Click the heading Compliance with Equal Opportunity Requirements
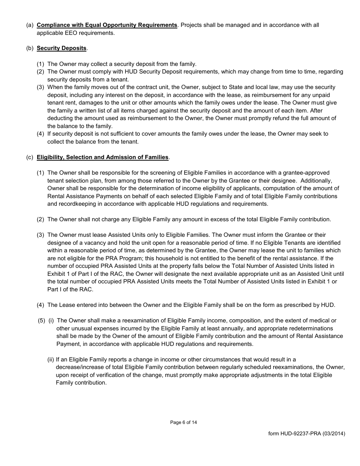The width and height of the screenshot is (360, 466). [x=107, y=25]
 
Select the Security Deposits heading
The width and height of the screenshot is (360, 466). [x=61, y=48]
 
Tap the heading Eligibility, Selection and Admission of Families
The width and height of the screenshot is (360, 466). [x=103, y=157]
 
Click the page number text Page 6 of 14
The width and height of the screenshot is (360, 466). [x=183, y=422]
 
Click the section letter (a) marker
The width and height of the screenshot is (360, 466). [x=30, y=25]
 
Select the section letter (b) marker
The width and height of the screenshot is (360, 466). [x=30, y=48]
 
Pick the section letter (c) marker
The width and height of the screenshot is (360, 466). [x=30, y=157]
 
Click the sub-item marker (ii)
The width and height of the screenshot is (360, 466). [x=50, y=360]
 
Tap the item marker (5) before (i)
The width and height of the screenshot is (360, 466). [x=41, y=321]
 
